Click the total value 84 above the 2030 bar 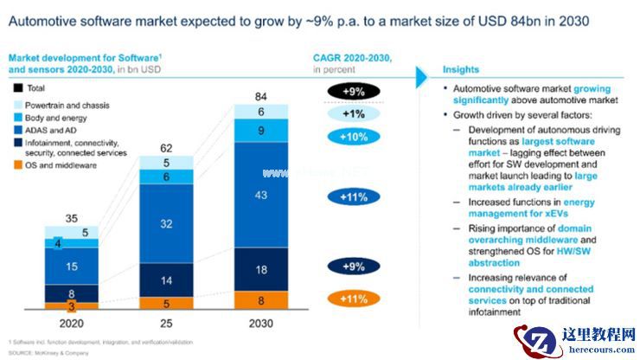[260, 96]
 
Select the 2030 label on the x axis [260, 325]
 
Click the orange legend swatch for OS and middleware [17, 164]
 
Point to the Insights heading [462, 69]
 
